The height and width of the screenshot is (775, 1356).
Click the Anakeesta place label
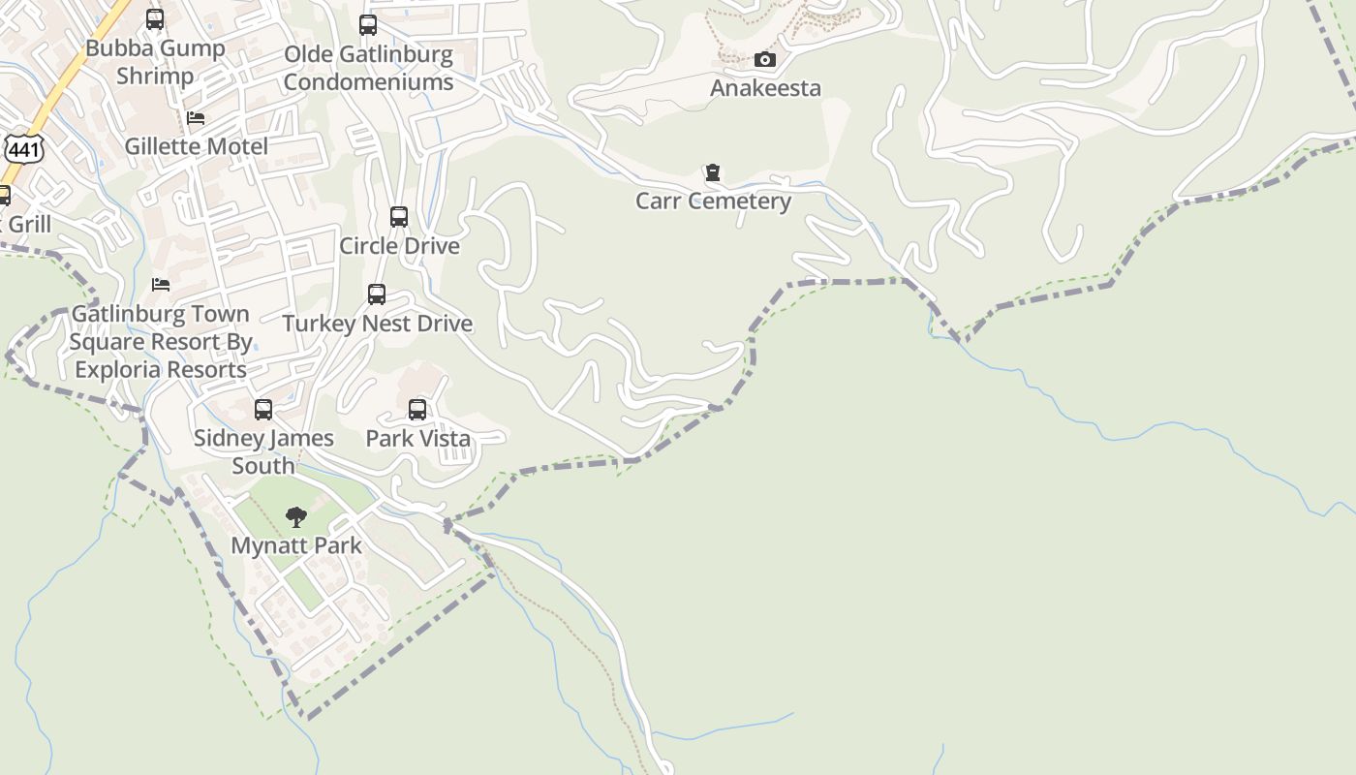click(765, 88)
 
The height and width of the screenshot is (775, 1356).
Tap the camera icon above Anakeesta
click(765, 60)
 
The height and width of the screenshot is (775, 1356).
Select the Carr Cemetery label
click(713, 201)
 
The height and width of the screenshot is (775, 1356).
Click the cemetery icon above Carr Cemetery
click(713, 173)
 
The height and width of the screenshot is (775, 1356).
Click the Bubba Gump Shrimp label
click(155, 62)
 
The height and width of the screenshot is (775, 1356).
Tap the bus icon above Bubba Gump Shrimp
click(155, 19)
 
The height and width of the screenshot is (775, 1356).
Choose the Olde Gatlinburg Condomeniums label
click(368, 68)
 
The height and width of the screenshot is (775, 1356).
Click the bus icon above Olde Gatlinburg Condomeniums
click(368, 25)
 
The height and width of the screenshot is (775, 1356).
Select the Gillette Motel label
click(196, 147)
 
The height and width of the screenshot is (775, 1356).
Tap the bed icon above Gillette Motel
click(196, 119)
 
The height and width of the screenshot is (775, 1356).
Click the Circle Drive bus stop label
click(399, 246)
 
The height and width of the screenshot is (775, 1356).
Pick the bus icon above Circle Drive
click(399, 217)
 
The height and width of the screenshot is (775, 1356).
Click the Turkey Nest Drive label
click(377, 324)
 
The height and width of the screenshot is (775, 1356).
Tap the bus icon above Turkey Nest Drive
click(377, 294)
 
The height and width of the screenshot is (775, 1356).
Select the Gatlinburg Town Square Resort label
click(161, 342)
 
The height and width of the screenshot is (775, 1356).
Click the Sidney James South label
click(263, 451)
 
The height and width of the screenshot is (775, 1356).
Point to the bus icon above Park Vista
click(417, 410)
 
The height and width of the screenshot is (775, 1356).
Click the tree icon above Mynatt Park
click(296, 517)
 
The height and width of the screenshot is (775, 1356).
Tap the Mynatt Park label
click(296, 546)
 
